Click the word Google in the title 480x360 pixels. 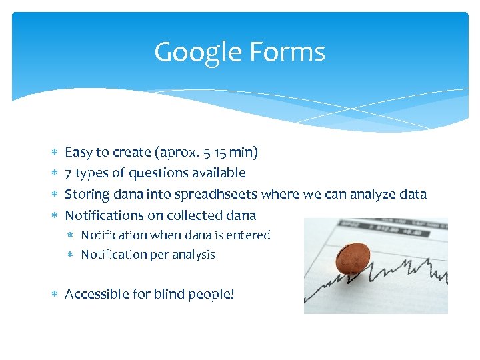194,53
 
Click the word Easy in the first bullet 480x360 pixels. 78,153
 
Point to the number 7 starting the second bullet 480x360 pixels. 68,173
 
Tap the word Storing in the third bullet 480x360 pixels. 85,194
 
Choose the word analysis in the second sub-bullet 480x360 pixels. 193,255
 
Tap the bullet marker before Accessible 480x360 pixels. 55,295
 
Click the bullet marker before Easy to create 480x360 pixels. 55,153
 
